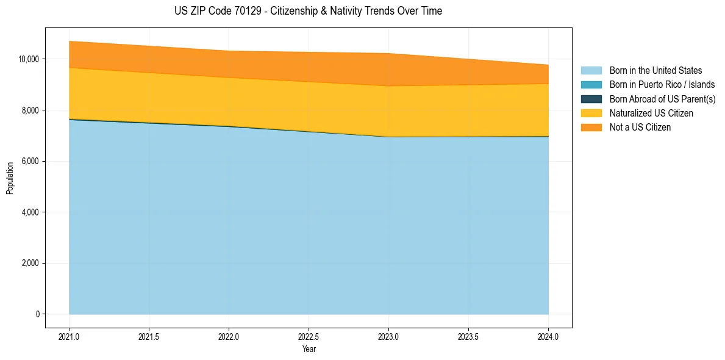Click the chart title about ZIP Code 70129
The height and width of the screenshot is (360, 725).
(x=308, y=11)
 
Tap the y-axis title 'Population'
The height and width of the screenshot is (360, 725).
(x=10, y=178)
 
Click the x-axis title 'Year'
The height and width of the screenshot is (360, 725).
(x=309, y=349)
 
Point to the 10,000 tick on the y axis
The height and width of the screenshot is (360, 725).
(x=29, y=59)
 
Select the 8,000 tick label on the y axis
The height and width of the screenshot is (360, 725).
(x=30, y=110)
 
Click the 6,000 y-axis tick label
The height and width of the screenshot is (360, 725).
(x=30, y=162)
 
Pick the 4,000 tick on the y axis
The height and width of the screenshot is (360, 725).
(x=30, y=212)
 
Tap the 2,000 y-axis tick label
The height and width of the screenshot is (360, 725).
(x=30, y=264)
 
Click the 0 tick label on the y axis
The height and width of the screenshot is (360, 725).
(x=37, y=314)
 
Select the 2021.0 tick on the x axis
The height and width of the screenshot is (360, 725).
(x=70, y=336)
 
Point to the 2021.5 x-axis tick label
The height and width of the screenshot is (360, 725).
(x=149, y=336)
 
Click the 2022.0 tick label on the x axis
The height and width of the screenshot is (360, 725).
(x=229, y=336)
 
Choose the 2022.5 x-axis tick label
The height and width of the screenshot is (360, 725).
(x=309, y=336)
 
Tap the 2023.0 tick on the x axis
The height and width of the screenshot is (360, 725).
(x=388, y=336)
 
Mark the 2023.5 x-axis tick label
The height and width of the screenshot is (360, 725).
(x=468, y=336)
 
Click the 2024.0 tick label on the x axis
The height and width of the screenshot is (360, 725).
(x=548, y=336)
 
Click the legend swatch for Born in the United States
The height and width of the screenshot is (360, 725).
(x=591, y=71)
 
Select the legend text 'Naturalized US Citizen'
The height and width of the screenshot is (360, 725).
(x=651, y=113)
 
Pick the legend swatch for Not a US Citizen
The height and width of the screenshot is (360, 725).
(x=591, y=128)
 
